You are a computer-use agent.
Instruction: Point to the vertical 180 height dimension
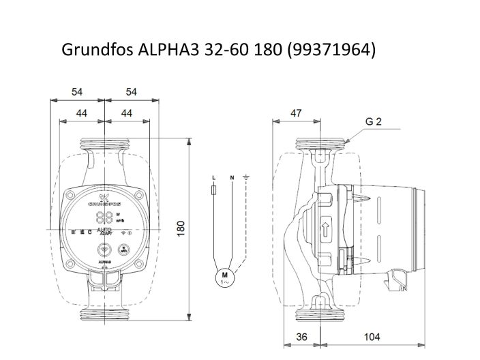point(181,228)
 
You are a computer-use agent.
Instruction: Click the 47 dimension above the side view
point(296,113)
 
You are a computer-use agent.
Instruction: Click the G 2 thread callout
point(373,122)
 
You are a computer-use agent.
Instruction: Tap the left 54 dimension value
point(76,91)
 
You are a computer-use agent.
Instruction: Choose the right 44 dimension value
point(125,112)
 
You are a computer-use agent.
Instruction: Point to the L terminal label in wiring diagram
point(215,178)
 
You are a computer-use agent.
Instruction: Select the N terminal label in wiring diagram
point(232,178)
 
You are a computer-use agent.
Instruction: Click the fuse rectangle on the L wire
point(215,193)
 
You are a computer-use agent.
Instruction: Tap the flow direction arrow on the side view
point(325,229)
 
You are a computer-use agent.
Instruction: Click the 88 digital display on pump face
point(104,217)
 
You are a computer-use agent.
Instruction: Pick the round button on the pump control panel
point(104,250)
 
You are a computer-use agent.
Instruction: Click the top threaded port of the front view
point(103,144)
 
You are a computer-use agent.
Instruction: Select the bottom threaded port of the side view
point(320,314)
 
